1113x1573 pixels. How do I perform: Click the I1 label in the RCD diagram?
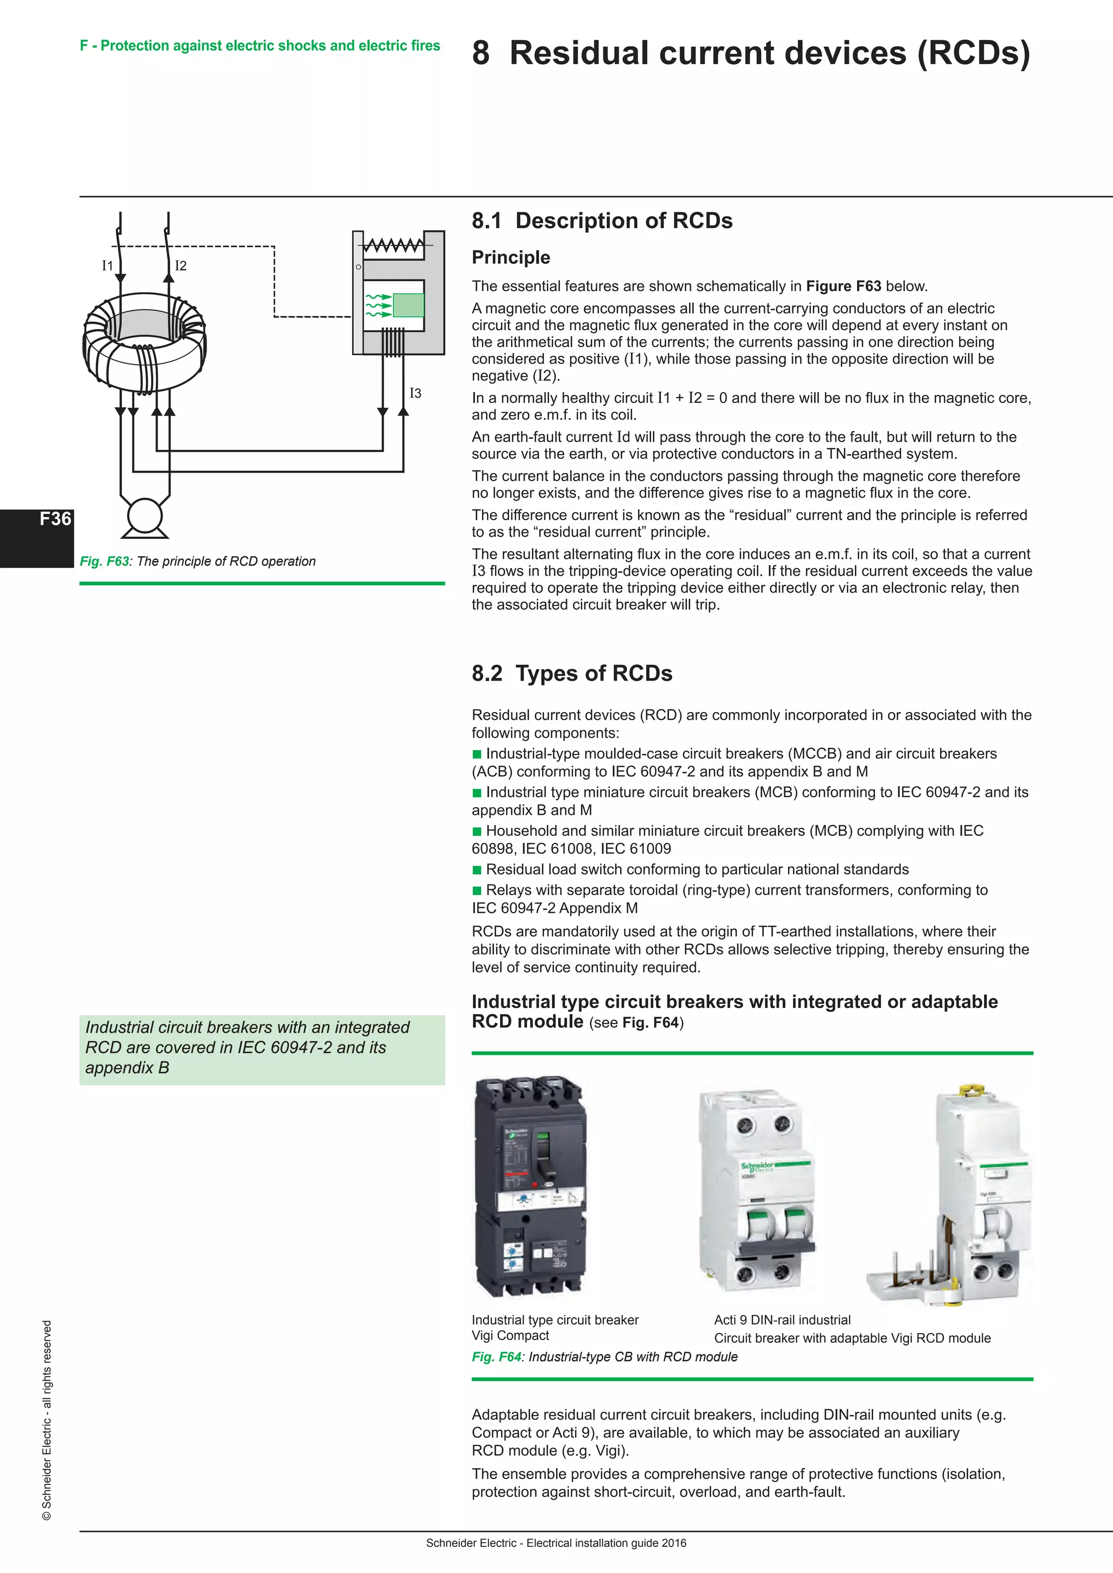pos(107,266)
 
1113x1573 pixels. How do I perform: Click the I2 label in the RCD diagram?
pos(181,266)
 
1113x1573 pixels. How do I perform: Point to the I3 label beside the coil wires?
pos(415,393)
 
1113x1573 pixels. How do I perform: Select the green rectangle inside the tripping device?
pos(409,305)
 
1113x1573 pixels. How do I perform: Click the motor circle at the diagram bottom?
pos(145,516)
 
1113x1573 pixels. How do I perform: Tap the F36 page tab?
pos(55,519)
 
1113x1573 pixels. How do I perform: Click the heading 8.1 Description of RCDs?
pos(602,221)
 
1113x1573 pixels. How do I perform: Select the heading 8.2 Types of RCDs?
pos(572,674)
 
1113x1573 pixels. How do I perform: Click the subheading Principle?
pos(511,257)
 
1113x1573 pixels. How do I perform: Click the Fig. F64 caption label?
pos(496,1356)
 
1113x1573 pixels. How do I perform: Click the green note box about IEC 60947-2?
pos(262,1049)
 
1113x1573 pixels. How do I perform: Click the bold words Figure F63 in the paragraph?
pos(843,286)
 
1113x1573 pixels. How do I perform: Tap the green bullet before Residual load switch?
pos(477,870)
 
